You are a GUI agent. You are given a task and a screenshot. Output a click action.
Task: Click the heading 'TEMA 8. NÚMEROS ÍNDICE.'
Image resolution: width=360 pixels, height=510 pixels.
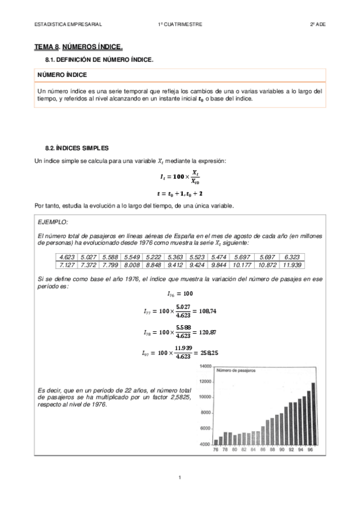point(78,46)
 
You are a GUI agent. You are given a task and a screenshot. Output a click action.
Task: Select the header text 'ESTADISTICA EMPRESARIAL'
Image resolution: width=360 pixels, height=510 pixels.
point(68,24)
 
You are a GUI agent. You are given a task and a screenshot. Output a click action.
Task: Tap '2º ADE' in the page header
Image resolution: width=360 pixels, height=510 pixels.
point(317,24)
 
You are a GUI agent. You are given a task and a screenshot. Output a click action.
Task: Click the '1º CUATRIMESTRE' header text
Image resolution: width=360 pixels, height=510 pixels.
point(180,24)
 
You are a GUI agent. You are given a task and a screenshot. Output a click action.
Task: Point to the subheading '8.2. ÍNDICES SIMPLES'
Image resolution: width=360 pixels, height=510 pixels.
point(78,147)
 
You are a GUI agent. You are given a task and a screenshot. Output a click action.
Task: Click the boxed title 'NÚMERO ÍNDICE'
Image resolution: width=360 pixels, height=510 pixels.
point(62,75)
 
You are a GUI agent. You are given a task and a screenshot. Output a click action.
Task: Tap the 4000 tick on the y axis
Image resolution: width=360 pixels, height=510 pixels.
point(206,444)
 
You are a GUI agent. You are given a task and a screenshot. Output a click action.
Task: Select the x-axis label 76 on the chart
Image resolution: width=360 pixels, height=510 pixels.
point(216,449)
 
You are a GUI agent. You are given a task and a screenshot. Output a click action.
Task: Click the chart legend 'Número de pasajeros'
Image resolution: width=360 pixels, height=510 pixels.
point(236,371)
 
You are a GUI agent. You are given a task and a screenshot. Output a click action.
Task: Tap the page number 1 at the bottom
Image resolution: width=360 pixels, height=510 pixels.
point(180,478)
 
